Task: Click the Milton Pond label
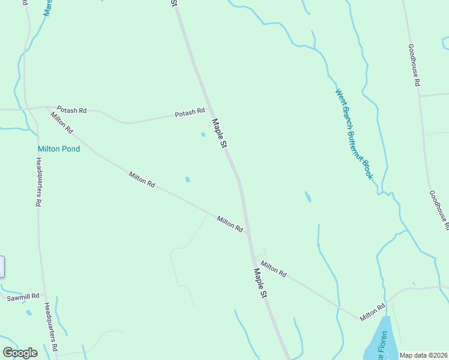[59, 149]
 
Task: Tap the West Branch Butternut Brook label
[354, 134]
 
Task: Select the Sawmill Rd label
[23, 296]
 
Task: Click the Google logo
[20, 353]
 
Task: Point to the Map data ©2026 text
[424, 355]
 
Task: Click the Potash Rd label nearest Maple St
[190, 112]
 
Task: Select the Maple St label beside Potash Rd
[220, 133]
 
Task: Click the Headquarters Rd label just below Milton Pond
[38, 182]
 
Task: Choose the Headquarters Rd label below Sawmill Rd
[50, 327]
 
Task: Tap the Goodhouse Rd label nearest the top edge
[413, 66]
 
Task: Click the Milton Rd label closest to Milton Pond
[62, 122]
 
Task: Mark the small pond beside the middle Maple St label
[203, 134]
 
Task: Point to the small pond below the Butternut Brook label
[308, 197]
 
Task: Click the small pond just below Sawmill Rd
[29, 312]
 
